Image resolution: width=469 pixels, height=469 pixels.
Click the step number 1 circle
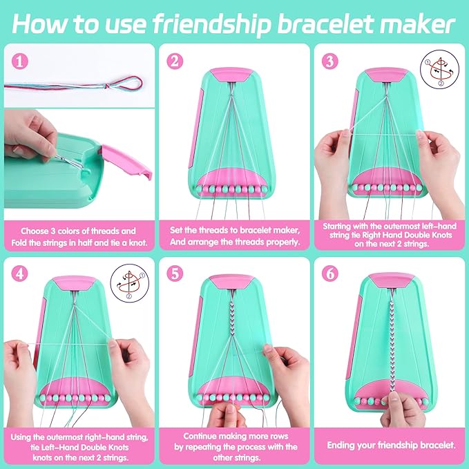point(21,60)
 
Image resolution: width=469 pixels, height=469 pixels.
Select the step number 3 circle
point(330,61)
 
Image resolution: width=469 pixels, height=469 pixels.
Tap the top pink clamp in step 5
point(234,281)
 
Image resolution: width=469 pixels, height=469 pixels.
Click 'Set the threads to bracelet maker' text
point(232,231)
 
